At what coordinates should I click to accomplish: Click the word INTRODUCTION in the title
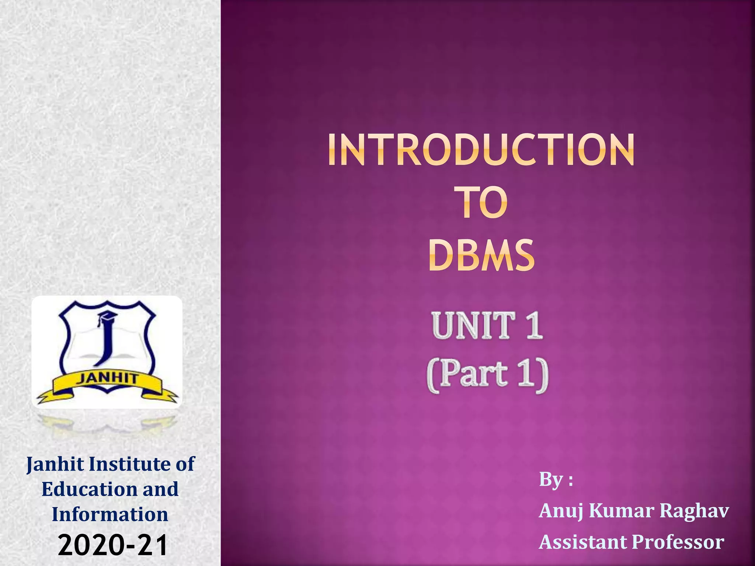click(x=481, y=150)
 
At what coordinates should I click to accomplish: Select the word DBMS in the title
click(x=481, y=255)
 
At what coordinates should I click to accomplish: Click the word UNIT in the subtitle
click(x=473, y=325)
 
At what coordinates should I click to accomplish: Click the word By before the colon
click(x=551, y=480)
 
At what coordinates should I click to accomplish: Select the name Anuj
click(x=561, y=511)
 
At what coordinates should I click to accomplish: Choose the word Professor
click(x=678, y=542)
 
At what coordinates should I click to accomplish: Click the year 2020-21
click(x=113, y=545)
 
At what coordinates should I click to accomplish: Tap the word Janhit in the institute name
click(x=55, y=464)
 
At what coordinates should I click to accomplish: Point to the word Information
click(x=110, y=514)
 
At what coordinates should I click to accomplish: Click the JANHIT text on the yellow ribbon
click(x=107, y=378)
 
